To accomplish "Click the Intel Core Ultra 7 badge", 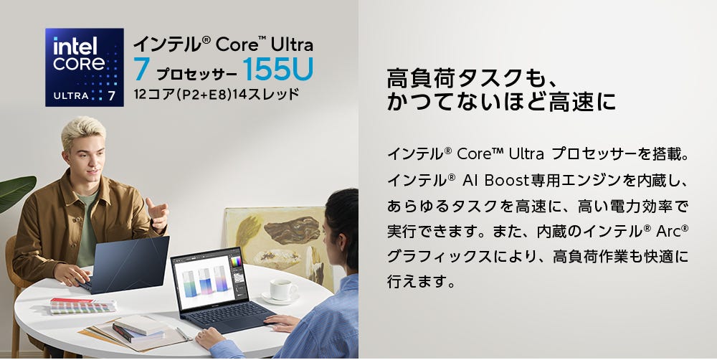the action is coord(85,67).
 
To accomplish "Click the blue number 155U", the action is coord(278,69).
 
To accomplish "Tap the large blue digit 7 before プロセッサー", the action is coord(142,70).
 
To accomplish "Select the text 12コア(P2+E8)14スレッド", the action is coord(217,94).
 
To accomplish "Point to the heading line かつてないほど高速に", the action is coord(501,102).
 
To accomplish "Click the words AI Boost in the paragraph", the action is coord(495,181).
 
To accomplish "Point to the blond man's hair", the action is coord(82,131).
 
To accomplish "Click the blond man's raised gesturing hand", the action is coord(158,214).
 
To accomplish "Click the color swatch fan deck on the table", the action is coord(82,306).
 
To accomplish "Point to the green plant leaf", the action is coord(16,192).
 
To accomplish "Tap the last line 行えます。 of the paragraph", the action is coord(422,281).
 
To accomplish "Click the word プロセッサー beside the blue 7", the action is coord(196,75).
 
